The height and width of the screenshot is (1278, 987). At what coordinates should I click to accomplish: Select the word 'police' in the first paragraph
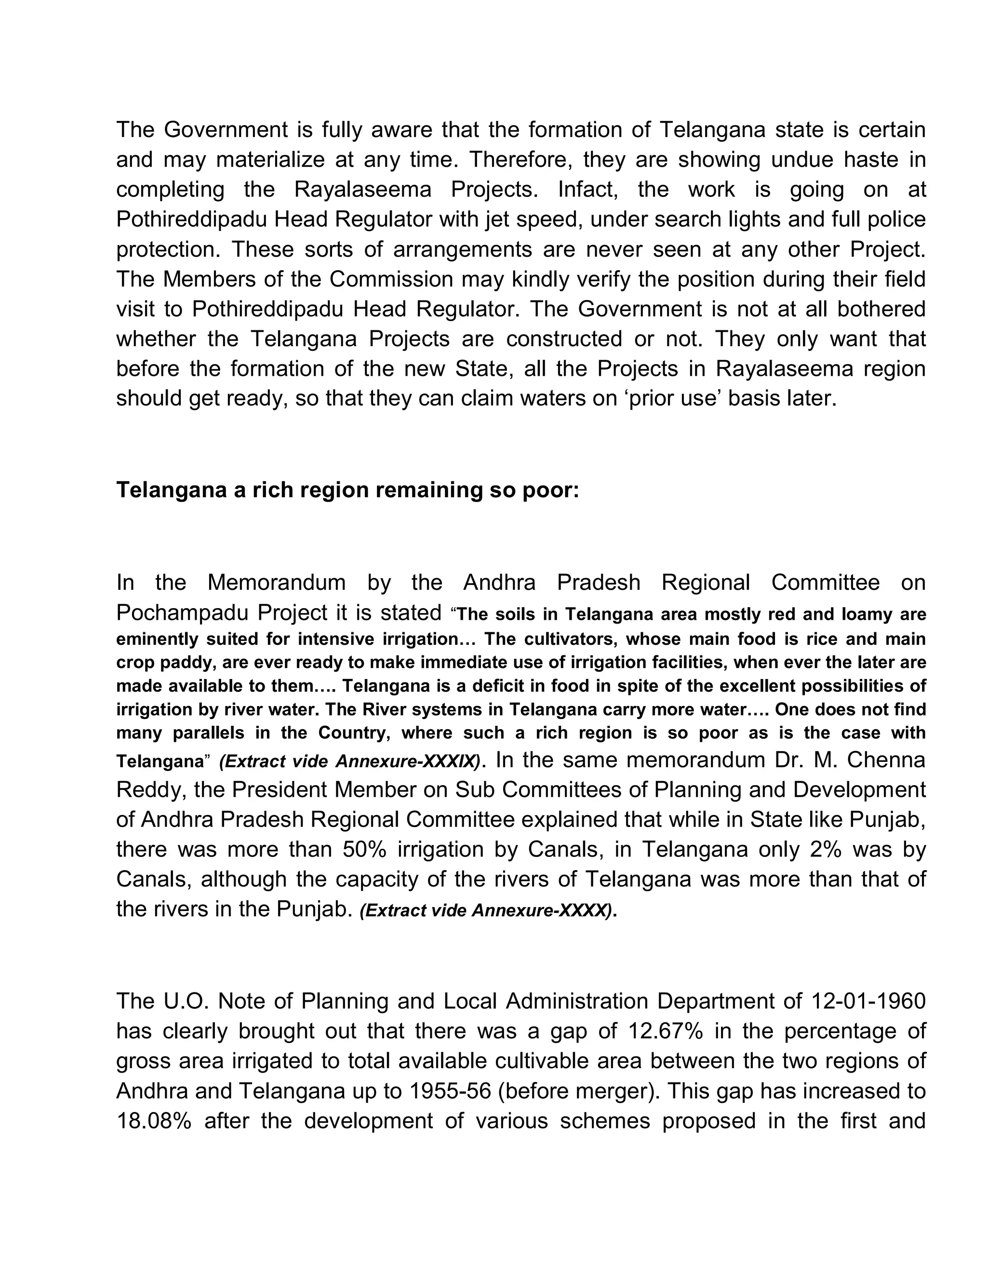[897, 219]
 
